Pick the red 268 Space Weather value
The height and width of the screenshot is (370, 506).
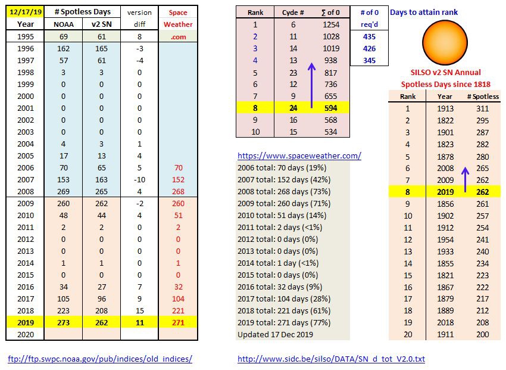[177, 192]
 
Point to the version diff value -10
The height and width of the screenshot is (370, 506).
[139, 180]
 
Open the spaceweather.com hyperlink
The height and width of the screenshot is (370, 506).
[299, 156]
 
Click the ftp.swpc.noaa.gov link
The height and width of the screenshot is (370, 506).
[99, 359]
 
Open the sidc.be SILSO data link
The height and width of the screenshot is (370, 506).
[331, 359]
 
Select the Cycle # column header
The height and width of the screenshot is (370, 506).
[292, 13]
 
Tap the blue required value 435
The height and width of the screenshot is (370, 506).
[368, 36]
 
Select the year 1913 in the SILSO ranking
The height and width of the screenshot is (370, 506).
[445, 108]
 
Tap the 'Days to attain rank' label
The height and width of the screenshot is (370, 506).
[424, 13]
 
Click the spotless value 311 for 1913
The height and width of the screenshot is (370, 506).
[483, 108]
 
